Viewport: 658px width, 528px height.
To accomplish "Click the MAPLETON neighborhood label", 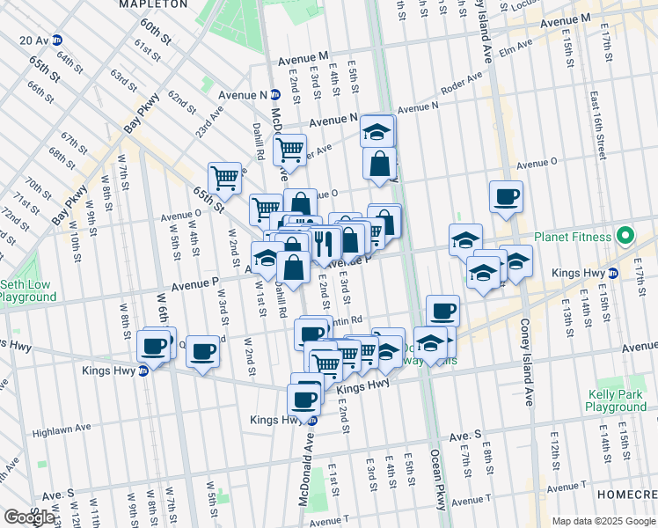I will (153, 4).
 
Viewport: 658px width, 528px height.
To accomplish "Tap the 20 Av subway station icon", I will (57, 40).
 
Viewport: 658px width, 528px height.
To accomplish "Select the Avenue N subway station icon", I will (275, 95).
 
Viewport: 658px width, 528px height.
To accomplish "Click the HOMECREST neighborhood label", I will (626, 495).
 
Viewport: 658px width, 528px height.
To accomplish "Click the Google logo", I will (28, 517).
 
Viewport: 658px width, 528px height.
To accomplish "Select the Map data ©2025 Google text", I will (603, 521).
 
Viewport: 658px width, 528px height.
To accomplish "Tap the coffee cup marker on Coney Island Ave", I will (506, 197).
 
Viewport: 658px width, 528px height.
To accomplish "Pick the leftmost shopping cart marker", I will (224, 177).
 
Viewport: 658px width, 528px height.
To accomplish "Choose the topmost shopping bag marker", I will (379, 163).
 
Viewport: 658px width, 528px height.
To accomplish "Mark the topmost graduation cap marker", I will (377, 131).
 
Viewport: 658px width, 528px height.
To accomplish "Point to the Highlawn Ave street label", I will (62, 429).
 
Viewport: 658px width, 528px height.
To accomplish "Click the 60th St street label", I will (154, 32).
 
